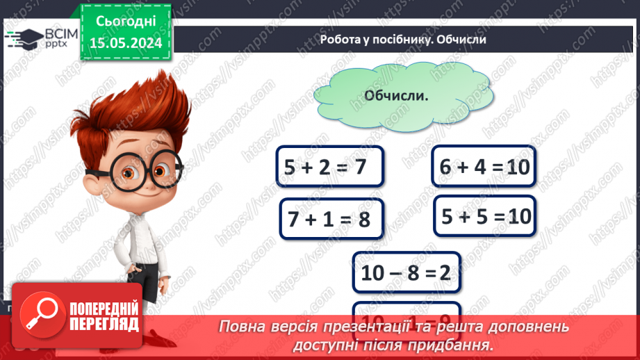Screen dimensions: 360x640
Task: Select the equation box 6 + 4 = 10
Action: [x=484, y=166]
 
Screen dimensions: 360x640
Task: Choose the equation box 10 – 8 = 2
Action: [x=405, y=273]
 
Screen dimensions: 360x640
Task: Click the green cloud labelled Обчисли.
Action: [x=396, y=96]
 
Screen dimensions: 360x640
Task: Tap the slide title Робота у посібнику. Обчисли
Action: [x=402, y=40]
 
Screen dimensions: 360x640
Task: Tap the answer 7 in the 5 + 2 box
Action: [x=359, y=167]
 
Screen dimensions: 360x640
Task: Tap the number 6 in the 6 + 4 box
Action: [x=446, y=167]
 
